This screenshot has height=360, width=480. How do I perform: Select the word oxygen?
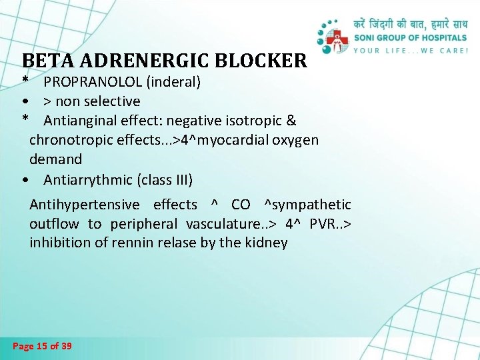coord(296,140)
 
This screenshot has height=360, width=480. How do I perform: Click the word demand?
coord(55,159)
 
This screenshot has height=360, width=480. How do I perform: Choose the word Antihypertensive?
coord(85,205)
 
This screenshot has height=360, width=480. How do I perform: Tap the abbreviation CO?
coord(241,205)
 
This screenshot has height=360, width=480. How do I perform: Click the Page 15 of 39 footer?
coord(43,346)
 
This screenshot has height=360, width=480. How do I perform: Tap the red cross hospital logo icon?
coord(339,39)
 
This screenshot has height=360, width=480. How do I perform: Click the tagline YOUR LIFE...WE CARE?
coord(410,50)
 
